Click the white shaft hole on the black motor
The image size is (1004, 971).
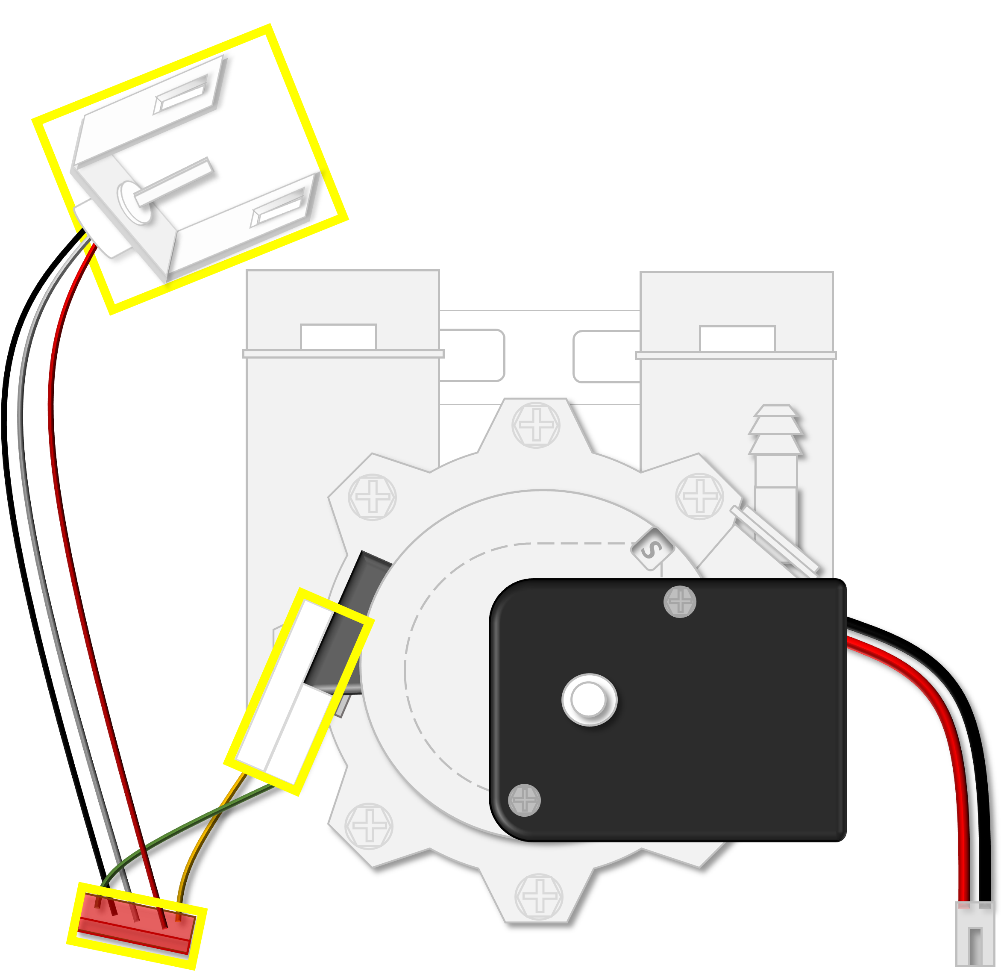pos(589,700)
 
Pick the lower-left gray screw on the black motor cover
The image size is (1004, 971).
pos(524,800)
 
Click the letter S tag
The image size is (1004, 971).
pos(652,549)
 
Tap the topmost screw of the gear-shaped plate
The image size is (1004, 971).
pos(536,425)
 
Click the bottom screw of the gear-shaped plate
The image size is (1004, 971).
pos(539,896)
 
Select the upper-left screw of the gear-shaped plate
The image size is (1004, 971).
pos(373,497)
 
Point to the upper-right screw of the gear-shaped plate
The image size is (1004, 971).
pos(700,496)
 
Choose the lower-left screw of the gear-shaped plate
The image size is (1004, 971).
pos(369,826)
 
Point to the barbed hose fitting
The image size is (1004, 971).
pos(775,477)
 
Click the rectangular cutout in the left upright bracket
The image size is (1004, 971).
pos(339,337)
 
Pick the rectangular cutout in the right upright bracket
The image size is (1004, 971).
pos(738,339)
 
